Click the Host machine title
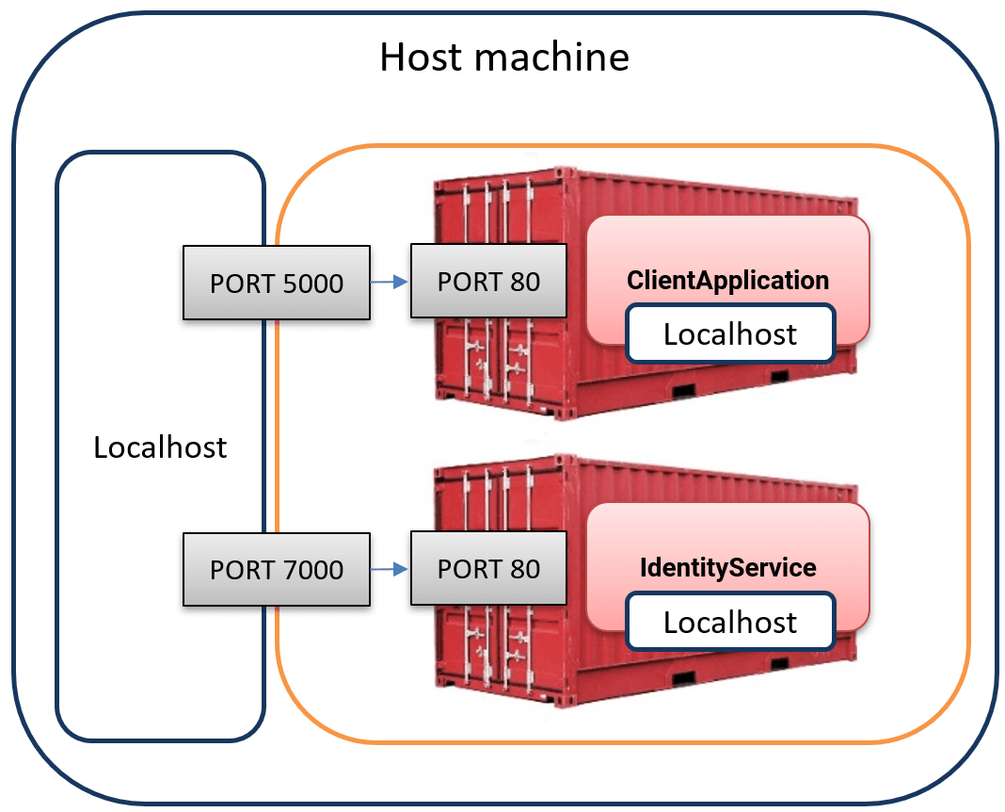coord(504,57)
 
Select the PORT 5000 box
coord(277,283)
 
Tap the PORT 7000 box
coord(277,569)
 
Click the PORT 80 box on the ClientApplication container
coord(488,281)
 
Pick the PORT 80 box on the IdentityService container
coord(488,568)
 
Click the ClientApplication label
coord(728,280)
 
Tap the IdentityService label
coord(728,568)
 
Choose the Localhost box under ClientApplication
coord(730,333)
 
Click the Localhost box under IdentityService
coord(730,622)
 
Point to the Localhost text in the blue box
coord(160,447)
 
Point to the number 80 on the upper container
coord(524,282)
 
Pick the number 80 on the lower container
coord(524,569)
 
